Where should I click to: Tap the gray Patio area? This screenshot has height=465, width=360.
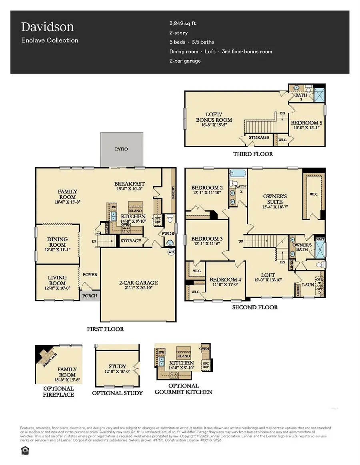(122, 149)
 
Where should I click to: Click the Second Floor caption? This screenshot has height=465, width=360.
(255, 307)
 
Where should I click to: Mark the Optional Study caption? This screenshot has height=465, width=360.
(117, 393)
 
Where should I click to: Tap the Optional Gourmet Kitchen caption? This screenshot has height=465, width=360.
(184, 389)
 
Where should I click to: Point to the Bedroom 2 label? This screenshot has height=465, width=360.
(207, 188)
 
